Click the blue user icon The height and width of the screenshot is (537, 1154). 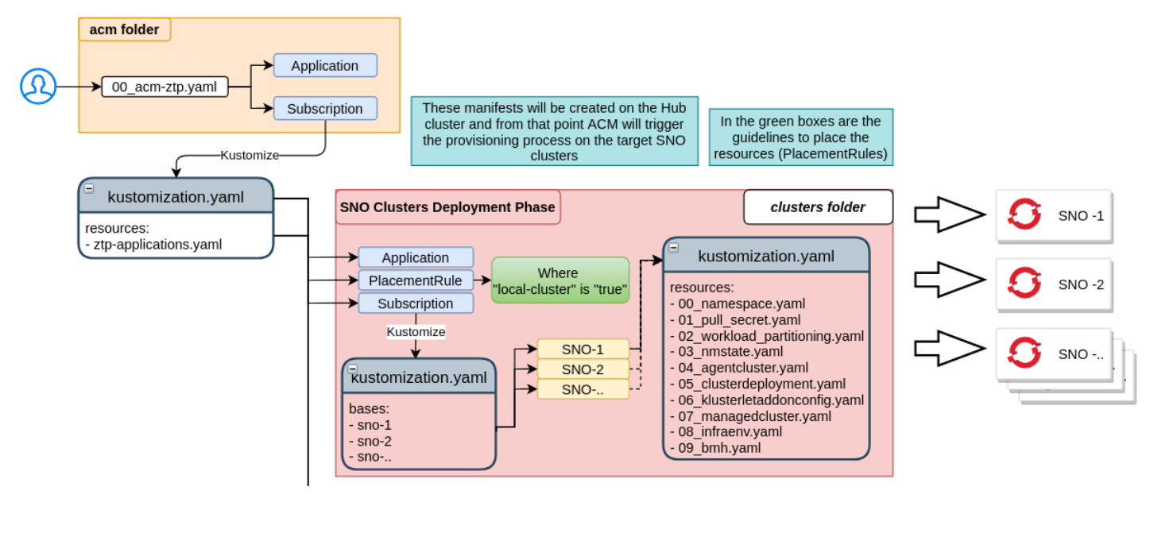[x=38, y=86]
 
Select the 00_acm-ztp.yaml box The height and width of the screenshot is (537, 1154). [x=165, y=87]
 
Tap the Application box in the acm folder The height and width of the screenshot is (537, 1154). [x=324, y=66]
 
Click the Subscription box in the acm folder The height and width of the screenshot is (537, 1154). [x=324, y=109]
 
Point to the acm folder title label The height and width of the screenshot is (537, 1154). [x=124, y=30]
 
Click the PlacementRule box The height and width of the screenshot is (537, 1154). [x=415, y=280]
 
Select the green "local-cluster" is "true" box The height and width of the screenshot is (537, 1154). [x=560, y=280]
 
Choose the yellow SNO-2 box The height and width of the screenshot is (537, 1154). [x=583, y=369]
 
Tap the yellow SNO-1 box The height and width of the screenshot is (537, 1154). [x=583, y=349]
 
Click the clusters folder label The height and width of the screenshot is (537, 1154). [x=818, y=207]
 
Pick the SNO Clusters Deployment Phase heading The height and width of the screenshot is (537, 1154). [x=447, y=207]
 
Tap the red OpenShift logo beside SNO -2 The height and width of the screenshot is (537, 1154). [x=1024, y=284]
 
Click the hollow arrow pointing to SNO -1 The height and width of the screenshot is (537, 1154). [x=949, y=214]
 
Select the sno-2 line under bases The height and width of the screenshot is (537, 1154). [x=374, y=441]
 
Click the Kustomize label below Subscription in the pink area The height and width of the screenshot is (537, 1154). [x=416, y=331]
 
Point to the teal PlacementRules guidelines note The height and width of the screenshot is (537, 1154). [x=800, y=137]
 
